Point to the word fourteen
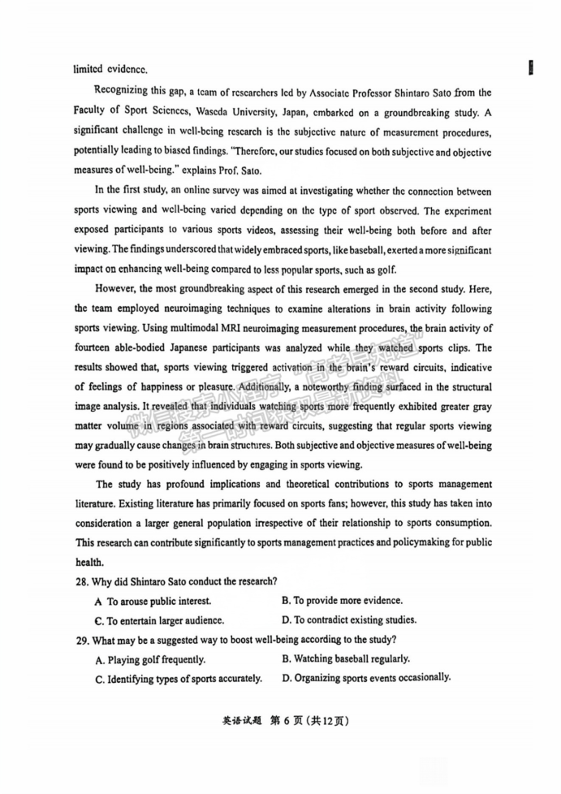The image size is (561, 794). coord(97,347)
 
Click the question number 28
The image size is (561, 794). coord(82,580)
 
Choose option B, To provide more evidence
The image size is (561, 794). coord(342,600)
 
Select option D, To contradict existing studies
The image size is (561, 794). coord(348,619)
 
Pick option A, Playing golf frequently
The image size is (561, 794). coord(150,659)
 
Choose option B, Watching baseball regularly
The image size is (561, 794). coord(345,658)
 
